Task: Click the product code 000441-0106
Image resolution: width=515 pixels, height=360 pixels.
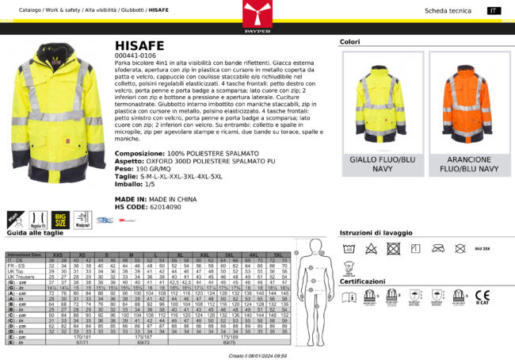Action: click(x=136, y=57)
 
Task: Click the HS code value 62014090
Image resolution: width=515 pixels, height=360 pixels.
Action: click(x=171, y=207)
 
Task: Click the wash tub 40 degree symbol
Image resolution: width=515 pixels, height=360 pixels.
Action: click(x=349, y=248)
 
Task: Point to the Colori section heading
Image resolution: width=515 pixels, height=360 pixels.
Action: click(x=349, y=41)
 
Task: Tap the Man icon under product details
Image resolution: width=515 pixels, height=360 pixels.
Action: click(x=13, y=217)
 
